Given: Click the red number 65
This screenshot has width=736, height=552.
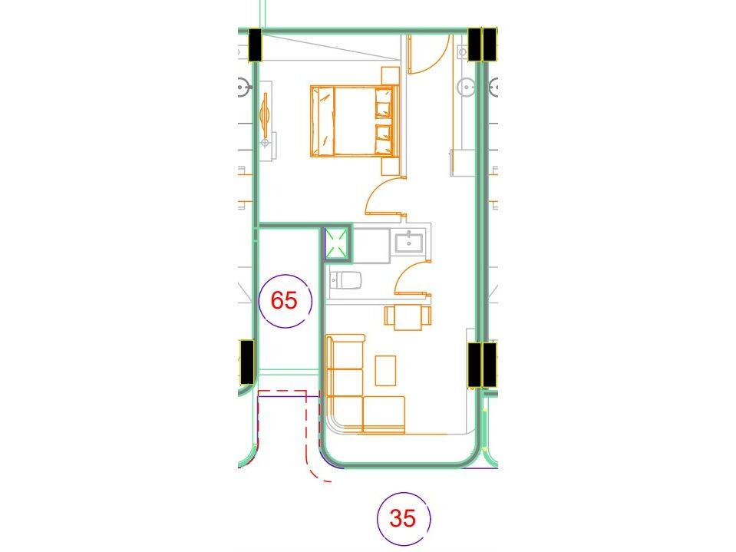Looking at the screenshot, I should click(284, 300).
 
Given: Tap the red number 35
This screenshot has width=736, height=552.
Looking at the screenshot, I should click(402, 518).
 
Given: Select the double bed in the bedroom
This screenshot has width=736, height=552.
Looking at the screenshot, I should click(354, 121).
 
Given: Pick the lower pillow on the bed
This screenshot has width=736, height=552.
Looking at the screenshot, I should click(382, 138).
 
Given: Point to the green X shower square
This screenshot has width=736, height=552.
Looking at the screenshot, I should click(336, 244).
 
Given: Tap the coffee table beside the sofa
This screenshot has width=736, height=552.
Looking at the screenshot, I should click(385, 370).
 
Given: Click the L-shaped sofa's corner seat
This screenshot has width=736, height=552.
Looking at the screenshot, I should click(344, 414).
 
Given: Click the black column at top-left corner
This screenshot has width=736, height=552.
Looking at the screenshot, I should click(255, 46).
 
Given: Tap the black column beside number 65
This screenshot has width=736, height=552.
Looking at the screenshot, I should click(246, 362).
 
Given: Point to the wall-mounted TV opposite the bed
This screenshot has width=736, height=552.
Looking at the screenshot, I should click(266, 112).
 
